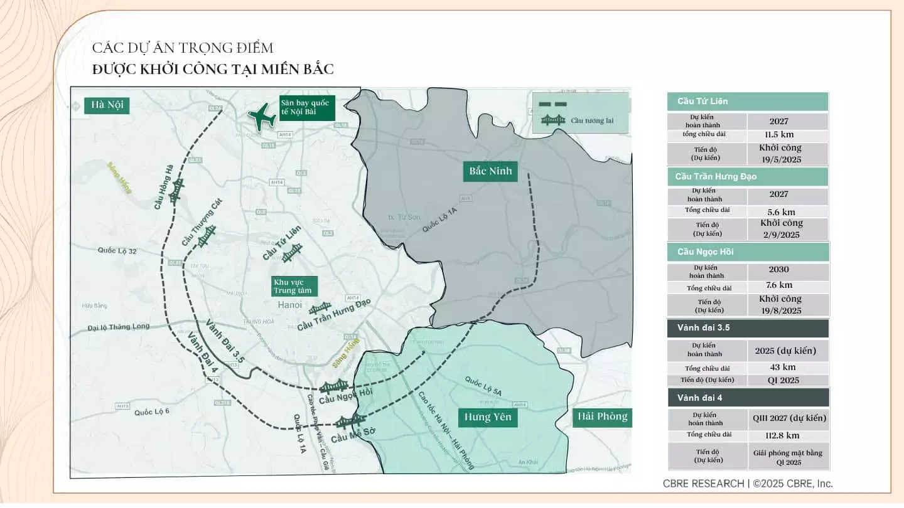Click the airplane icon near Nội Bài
coord(262,117)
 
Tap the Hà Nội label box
coord(107,105)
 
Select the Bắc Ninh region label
coord(490,171)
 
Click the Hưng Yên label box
coord(488,417)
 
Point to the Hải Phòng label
coord(602,417)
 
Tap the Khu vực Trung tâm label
coord(294,286)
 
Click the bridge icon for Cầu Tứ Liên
coord(292,253)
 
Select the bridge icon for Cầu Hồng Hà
coord(177,189)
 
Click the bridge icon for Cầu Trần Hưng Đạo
coord(320,308)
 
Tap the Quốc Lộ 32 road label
coord(117,251)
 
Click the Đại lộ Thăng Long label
coord(119,327)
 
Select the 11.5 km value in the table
coord(779,135)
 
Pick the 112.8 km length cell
coord(782,435)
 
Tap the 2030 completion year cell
coord(779,270)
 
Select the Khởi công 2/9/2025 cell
coord(781,229)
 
